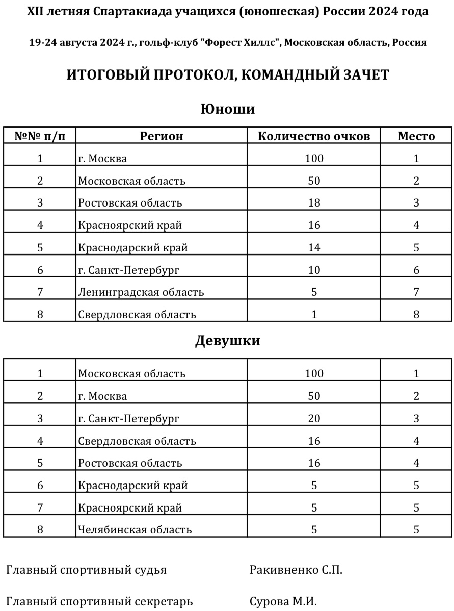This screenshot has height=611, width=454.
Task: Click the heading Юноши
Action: pyautogui.click(x=227, y=109)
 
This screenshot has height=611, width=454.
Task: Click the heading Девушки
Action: pyautogui.click(x=227, y=341)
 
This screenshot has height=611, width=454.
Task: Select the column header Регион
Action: pyautogui.click(x=162, y=136)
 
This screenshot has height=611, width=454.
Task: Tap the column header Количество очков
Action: pyautogui.click(x=314, y=136)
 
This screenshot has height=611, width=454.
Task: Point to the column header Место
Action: pyautogui.click(x=416, y=136)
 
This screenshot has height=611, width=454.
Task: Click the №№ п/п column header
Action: pyautogui.click(x=40, y=136)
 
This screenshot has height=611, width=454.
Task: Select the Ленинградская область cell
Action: pyautogui.click(x=141, y=292)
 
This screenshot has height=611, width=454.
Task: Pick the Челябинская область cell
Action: pyautogui.click(x=135, y=530)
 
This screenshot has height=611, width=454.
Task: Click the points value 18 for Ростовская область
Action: pyautogui.click(x=314, y=203)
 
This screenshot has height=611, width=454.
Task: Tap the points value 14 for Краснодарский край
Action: pyautogui.click(x=314, y=248)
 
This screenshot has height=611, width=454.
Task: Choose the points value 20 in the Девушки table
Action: pyautogui.click(x=314, y=419)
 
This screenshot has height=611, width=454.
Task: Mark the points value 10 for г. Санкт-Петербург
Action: pyautogui.click(x=314, y=270)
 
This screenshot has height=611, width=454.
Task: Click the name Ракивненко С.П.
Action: pyautogui.click(x=296, y=570)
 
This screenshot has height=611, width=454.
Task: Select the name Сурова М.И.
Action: pyautogui.click(x=283, y=602)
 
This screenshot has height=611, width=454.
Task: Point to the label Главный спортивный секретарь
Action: pyautogui.click(x=99, y=602)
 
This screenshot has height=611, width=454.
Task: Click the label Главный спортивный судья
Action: pyautogui.click(x=86, y=570)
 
